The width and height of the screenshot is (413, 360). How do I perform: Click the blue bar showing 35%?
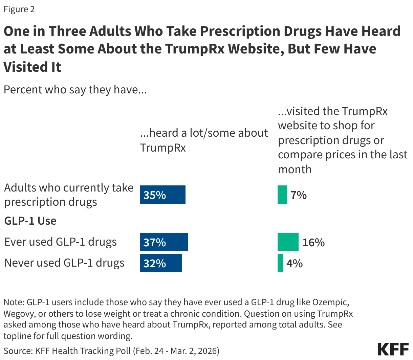tap(162, 195)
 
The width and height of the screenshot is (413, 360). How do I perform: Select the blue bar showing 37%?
tap(164, 242)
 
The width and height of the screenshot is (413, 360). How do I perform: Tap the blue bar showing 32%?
tap(161, 263)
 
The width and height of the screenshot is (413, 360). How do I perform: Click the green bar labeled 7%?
tap(282, 195)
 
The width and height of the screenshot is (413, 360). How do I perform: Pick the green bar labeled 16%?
tap(288, 242)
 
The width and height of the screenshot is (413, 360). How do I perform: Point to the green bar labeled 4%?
tap(280, 263)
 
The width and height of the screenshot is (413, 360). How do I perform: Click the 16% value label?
tap(313, 242)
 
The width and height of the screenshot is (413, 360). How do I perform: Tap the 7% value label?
tap(299, 195)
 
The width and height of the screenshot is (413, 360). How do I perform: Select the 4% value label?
tap(295, 263)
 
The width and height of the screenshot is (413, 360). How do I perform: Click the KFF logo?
tap(393, 349)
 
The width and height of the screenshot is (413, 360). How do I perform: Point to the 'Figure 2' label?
tap(19, 9)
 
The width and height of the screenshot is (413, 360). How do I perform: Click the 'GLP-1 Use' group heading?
tap(30, 221)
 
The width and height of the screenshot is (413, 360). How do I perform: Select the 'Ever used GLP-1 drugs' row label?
tap(60, 242)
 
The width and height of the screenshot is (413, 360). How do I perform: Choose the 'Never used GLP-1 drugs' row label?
tap(64, 263)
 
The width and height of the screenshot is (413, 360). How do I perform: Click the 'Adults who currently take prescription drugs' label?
tap(69, 195)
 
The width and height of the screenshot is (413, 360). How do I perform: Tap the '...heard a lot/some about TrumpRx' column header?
tap(204, 140)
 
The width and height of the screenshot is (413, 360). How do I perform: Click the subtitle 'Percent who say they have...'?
tap(75, 90)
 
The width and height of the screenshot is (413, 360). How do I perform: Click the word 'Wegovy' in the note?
tap(19, 313)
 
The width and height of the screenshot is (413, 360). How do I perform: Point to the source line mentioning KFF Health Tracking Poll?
tap(111, 351)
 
